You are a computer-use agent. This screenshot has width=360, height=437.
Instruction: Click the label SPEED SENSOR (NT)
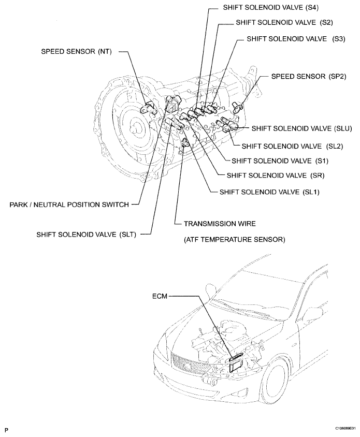point(79,52)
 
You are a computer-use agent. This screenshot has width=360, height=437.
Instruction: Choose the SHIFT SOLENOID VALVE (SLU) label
point(302,127)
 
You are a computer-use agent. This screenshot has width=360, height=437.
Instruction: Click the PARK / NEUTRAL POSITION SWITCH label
point(69,205)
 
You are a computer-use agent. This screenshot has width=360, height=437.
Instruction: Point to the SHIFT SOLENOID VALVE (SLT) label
point(86,234)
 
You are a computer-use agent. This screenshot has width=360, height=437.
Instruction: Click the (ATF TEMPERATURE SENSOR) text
point(235,239)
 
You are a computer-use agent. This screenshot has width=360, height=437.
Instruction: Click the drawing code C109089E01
point(339,429)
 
